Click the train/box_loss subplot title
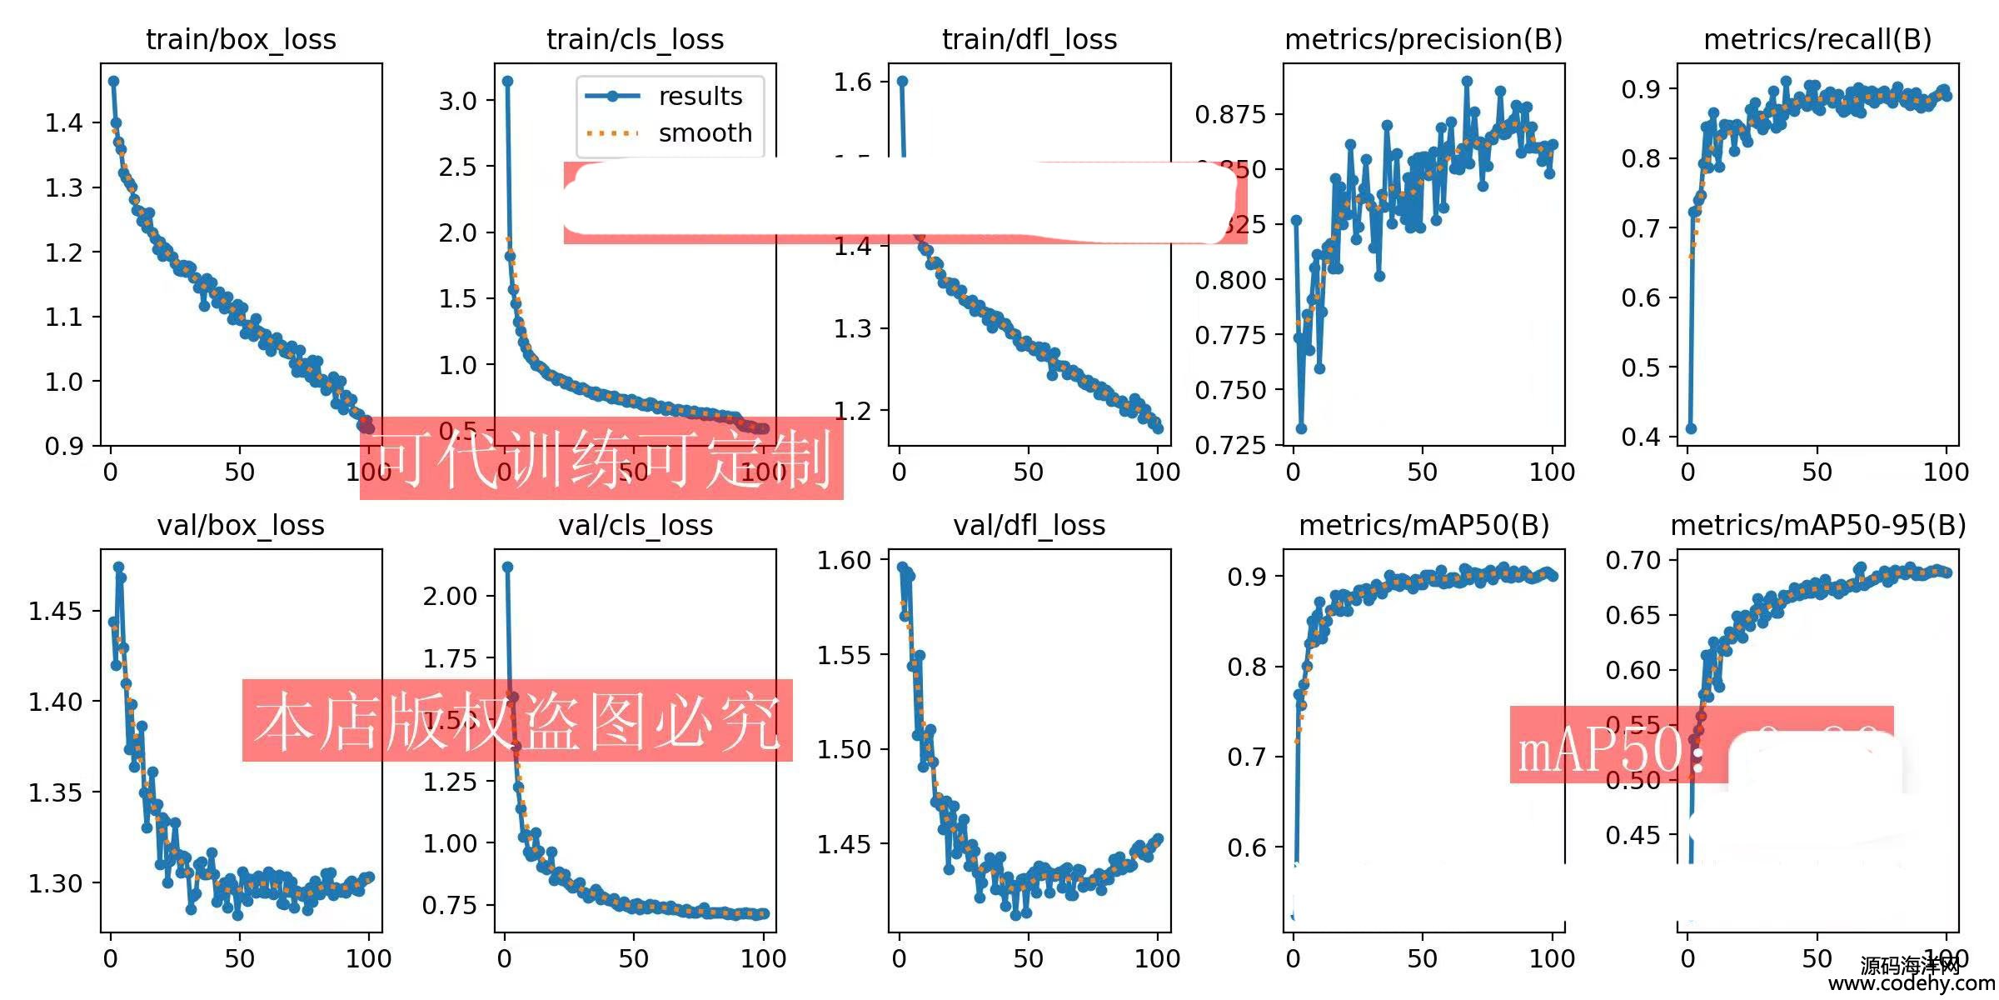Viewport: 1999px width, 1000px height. (x=241, y=39)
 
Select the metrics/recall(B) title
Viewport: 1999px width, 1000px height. (x=1817, y=39)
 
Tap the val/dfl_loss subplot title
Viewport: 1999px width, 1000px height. (x=1029, y=525)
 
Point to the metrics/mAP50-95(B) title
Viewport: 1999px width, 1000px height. (x=1817, y=525)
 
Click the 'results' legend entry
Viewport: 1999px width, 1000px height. (x=700, y=97)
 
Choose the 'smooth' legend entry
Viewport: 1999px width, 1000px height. (x=705, y=133)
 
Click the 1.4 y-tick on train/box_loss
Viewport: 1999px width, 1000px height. (x=64, y=123)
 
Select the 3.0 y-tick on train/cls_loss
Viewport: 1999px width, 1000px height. (x=457, y=101)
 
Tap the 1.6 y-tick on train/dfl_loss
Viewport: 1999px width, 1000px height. (x=852, y=82)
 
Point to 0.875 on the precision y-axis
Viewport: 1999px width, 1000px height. (x=1230, y=114)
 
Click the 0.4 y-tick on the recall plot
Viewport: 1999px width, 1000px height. (x=1640, y=437)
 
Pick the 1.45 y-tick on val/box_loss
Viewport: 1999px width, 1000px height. (x=56, y=611)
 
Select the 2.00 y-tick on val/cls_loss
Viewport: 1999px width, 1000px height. (x=450, y=596)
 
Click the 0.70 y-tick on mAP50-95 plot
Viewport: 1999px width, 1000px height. (x=1633, y=560)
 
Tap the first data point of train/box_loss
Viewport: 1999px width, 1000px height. (x=113, y=81)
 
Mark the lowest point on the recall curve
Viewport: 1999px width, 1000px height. (x=1691, y=428)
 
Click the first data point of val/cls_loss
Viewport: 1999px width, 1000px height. (x=507, y=567)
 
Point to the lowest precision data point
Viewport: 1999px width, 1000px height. (x=1301, y=428)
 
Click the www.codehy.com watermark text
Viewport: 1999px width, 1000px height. (x=1911, y=983)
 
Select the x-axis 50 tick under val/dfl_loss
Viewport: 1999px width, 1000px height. (x=1028, y=958)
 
